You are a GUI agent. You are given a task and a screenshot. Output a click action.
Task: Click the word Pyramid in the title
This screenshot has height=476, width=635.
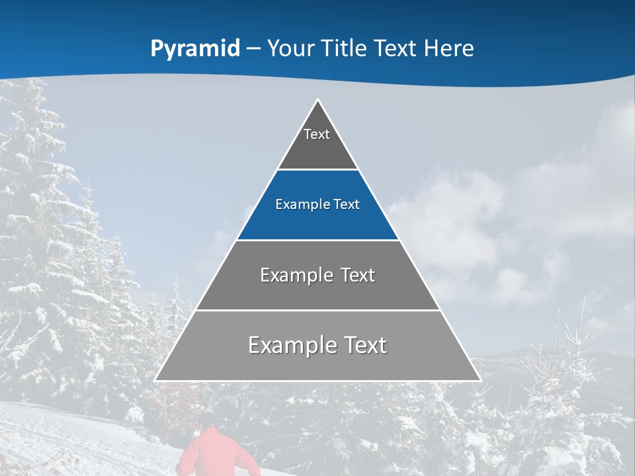click(x=194, y=49)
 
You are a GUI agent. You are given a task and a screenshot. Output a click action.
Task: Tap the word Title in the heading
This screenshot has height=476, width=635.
click(x=343, y=49)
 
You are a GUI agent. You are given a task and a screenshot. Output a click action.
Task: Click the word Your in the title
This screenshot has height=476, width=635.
click(x=291, y=49)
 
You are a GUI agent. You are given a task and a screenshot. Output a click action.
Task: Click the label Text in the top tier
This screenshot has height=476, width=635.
click(x=317, y=134)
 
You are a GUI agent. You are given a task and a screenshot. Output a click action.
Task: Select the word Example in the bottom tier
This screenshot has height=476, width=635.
click(x=290, y=345)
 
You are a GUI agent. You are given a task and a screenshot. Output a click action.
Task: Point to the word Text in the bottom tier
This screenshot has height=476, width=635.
click(x=362, y=345)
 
